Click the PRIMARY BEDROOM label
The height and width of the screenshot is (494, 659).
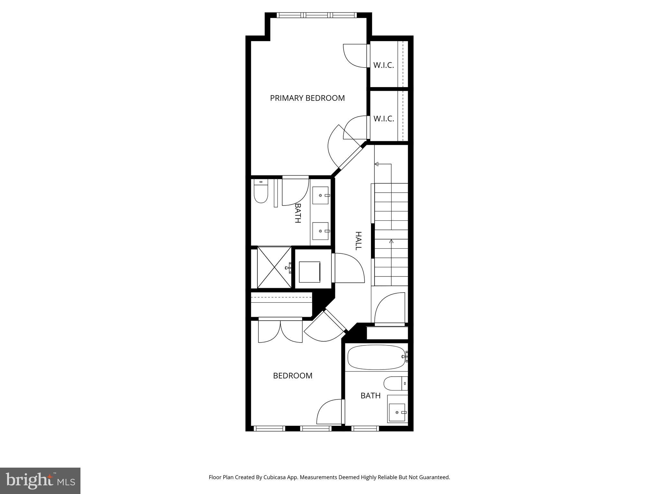click(307, 98)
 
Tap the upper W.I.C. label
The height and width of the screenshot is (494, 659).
click(384, 65)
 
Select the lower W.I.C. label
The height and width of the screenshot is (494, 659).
click(384, 119)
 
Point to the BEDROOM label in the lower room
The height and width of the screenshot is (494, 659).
click(292, 376)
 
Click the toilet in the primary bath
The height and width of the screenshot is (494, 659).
click(261, 192)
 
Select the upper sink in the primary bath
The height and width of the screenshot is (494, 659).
click(320, 195)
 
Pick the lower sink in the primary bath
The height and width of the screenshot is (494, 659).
click(320, 231)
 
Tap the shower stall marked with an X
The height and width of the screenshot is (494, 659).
click(274, 267)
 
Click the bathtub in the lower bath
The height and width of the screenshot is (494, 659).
click(376, 357)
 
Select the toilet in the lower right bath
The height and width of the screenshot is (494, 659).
click(395, 383)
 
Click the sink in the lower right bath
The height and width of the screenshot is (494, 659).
click(397, 412)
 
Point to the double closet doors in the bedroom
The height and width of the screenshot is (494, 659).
click(281, 331)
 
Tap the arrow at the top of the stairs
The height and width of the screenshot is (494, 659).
click(376, 164)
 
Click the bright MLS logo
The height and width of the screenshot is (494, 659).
click(40, 480)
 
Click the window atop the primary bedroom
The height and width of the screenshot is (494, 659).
click(317, 15)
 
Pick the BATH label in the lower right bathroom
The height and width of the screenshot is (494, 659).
click(370, 396)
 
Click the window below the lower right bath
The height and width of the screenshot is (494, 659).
click(365, 428)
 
